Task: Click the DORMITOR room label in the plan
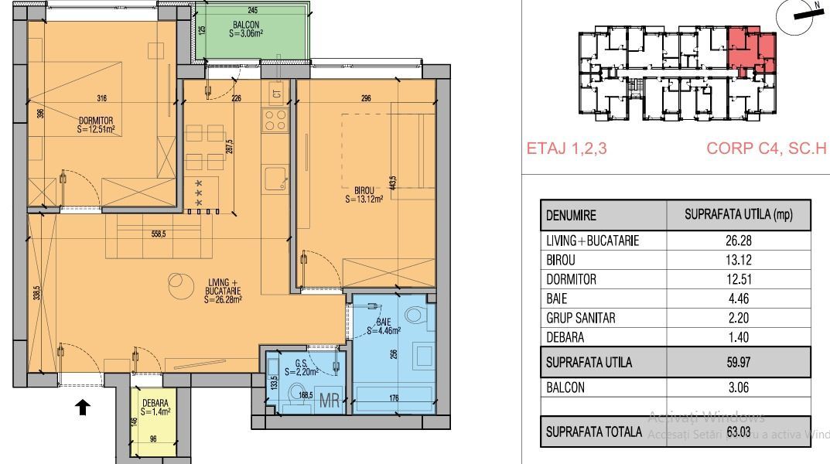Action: (x=96, y=125)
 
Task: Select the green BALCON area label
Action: (x=251, y=29)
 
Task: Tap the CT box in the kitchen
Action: (x=275, y=94)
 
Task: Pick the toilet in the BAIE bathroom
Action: (x=415, y=315)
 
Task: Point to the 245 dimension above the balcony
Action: (x=252, y=10)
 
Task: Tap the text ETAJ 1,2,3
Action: (x=566, y=148)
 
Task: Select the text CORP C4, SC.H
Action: (x=767, y=148)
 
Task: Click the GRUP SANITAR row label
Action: (x=581, y=318)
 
